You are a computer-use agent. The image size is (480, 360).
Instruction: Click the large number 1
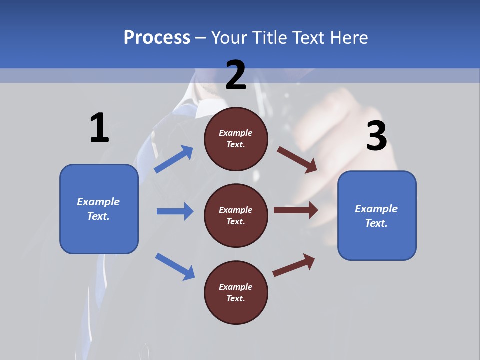pos(99,128)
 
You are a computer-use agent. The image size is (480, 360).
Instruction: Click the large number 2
pos(236,75)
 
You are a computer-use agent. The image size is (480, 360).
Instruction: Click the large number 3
pos(376,136)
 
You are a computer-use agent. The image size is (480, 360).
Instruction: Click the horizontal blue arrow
pos(175,211)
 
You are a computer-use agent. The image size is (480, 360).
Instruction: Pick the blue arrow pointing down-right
pos(175,266)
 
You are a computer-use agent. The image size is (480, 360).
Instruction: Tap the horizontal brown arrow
pos(296,210)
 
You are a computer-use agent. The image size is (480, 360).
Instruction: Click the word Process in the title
pos(157,37)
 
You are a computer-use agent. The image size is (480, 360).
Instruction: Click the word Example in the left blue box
pos(98,202)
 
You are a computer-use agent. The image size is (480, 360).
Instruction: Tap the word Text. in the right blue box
pos(376,223)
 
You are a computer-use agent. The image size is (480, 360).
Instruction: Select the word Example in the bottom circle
pos(235,287)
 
